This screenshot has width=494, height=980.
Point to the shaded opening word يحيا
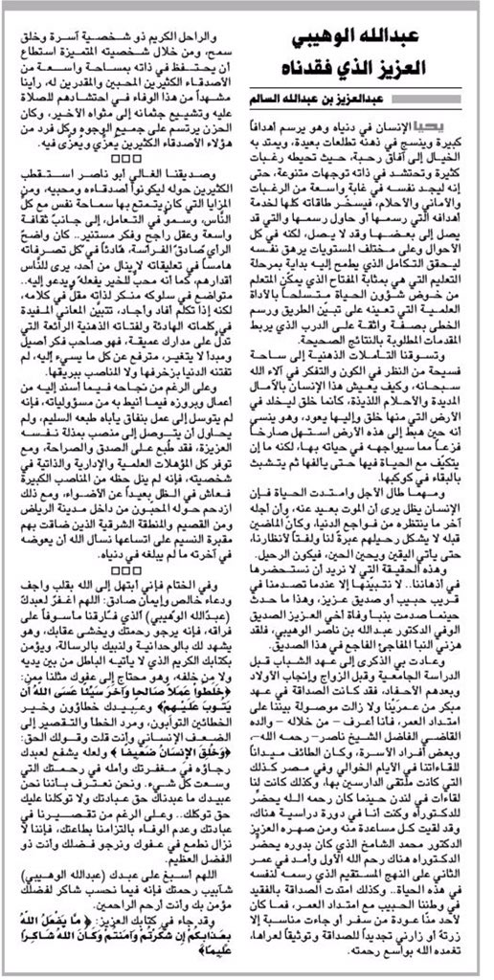tap(468, 125)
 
